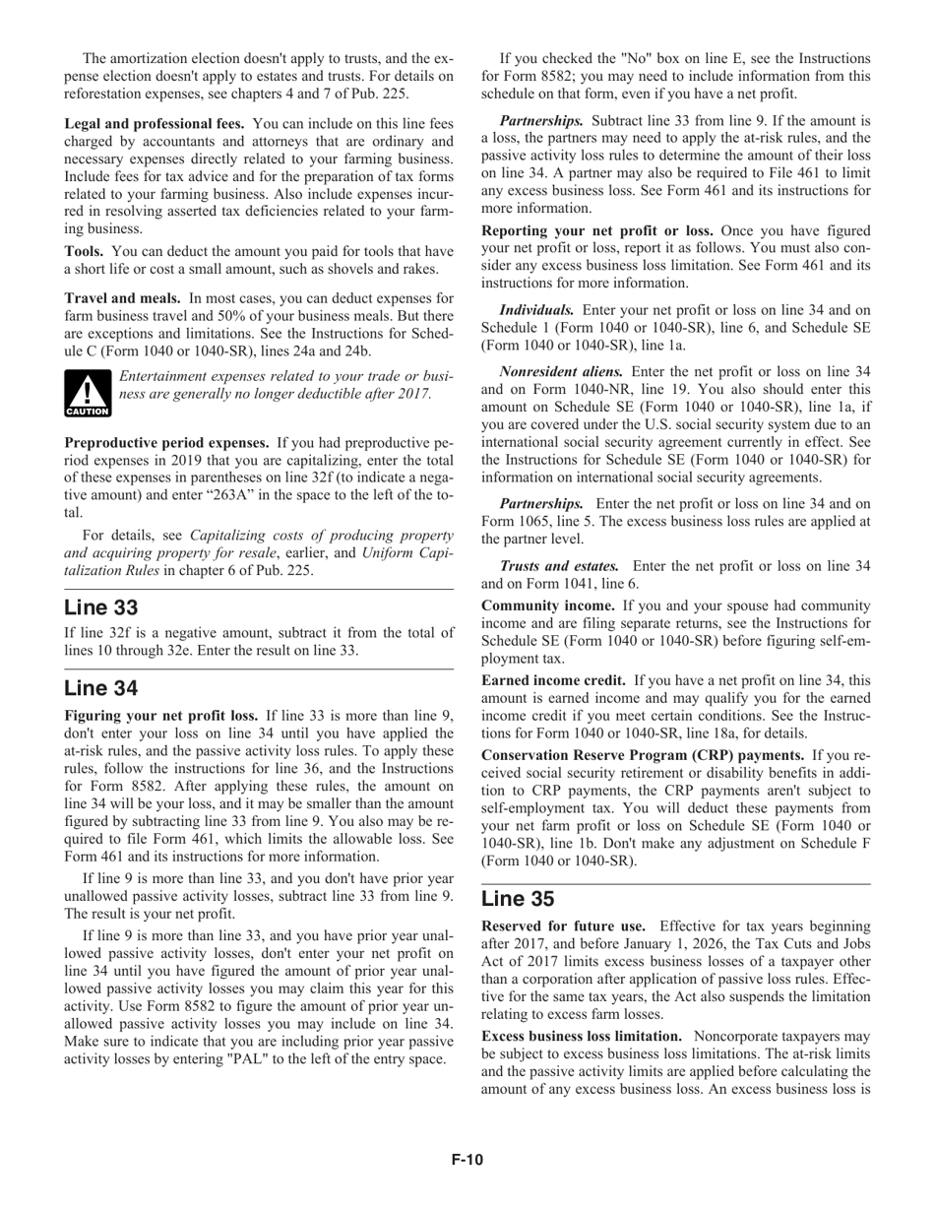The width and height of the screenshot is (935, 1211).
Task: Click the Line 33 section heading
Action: (x=101, y=607)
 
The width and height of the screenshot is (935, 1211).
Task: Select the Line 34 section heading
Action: (x=101, y=687)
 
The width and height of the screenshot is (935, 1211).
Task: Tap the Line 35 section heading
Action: (x=519, y=898)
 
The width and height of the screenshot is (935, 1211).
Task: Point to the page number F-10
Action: (x=467, y=1160)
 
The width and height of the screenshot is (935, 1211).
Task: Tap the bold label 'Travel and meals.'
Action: (x=123, y=297)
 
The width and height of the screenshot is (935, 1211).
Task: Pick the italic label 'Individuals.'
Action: (x=537, y=309)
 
